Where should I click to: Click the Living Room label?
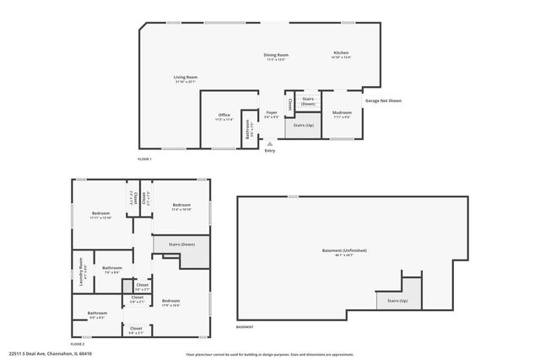(185, 78)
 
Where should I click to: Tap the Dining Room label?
(276, 55)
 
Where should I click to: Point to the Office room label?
(224, 115)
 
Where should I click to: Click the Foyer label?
(271, 113)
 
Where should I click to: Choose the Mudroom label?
(342, 112)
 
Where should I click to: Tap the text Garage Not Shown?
(383, 100)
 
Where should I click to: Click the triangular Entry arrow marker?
(270, 144)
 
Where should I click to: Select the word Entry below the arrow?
(270, 151)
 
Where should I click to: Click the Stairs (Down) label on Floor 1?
(309, 100)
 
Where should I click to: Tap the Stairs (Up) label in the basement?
(397, 300)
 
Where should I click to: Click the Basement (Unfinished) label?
(344, 250)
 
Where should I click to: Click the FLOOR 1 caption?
(145, 159)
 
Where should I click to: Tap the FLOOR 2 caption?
(78, 344)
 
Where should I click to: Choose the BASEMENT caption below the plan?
(245, 326)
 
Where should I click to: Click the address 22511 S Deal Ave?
(51, 353)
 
